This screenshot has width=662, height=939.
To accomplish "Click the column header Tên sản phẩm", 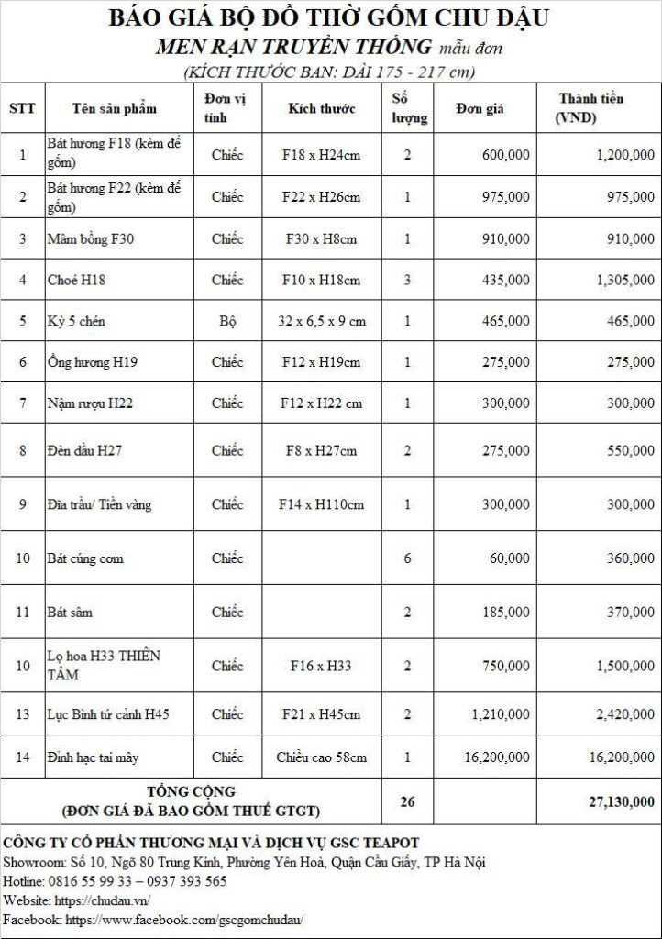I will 115,108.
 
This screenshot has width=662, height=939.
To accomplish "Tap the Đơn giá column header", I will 480,108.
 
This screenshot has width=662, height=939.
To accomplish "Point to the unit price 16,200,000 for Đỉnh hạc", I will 495,757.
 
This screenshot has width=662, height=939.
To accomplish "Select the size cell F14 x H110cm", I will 322,504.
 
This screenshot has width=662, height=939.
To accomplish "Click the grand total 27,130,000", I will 622,801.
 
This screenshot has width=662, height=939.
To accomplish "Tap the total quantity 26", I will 407,801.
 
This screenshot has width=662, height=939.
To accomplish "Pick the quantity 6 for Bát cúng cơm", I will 407,558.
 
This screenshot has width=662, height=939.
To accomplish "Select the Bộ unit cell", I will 227,321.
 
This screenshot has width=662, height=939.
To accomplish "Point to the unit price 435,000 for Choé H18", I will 505,280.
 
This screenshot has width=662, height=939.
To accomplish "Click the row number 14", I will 23,757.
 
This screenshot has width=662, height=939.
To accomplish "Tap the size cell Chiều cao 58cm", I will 322,757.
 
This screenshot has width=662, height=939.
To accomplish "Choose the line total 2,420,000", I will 624,714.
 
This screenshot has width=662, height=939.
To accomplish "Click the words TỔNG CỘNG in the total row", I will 192,791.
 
